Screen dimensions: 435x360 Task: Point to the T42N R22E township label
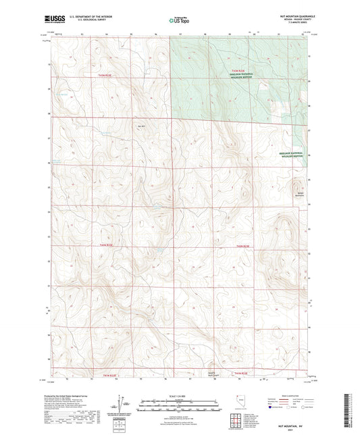[x=108, y=246]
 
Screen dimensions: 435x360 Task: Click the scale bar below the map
[x=180, y=401]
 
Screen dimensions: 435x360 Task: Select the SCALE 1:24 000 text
[x=180, y=395]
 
